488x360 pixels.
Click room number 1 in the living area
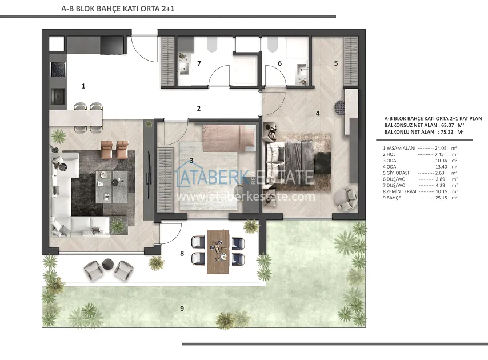(x=83, y=86)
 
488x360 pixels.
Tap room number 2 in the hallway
(x=199, y=109)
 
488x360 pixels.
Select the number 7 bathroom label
(x=199, y=63)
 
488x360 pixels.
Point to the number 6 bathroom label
(x=280, y=63)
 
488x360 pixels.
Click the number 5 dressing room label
(x=336, y=63)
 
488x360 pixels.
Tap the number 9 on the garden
(x=182, y=309)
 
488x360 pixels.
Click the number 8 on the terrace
(x=182, y=254)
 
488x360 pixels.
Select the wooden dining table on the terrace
(x=218, y=252)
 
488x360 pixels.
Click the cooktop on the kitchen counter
(x=58, y=69)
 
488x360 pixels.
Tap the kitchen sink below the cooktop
(x=58, y=96)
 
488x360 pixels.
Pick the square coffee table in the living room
(x=111, y=186)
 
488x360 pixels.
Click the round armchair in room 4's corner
(x=346, y=199)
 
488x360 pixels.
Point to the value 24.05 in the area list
(x=441, y=149)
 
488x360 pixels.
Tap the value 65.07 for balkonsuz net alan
(x=447, y=125)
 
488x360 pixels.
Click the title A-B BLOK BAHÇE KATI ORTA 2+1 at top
(x=118, y=9)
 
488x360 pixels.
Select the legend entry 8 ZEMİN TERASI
(x=399, y=191)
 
